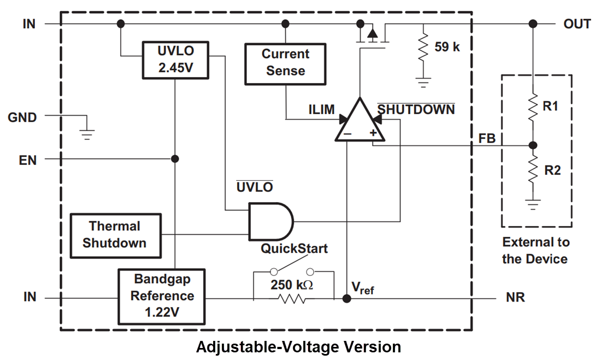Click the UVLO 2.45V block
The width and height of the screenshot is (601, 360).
coord(175,60)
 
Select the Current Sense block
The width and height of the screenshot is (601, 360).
coord(285,62)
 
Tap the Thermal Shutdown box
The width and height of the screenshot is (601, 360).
coord(115,235)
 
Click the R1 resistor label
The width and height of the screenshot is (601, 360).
coord(551,106)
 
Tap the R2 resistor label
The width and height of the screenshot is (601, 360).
coord(552,170)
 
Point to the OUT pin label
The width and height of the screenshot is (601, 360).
coord(577,24)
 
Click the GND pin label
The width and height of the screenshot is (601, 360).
coord(22,117)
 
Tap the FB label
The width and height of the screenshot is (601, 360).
coord(487,138)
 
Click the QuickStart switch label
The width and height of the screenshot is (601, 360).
coord(294,249)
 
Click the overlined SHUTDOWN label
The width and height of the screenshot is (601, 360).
coord(416,109)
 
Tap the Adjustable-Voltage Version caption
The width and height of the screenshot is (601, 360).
coord(298,347)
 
